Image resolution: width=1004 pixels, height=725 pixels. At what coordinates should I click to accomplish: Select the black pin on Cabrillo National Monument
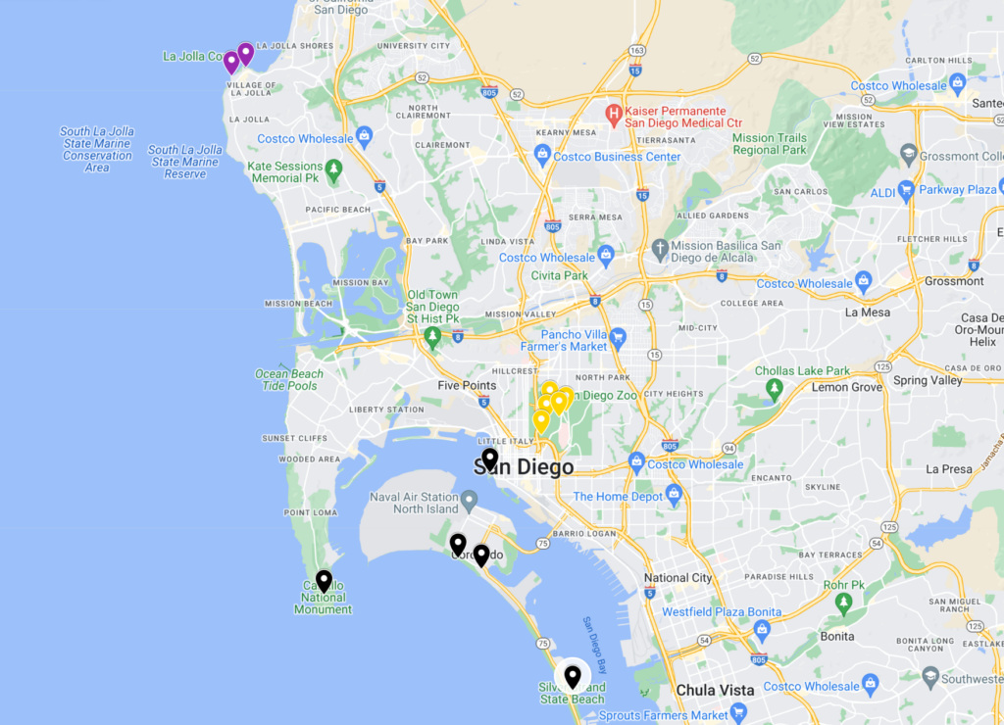[x=324, y=580]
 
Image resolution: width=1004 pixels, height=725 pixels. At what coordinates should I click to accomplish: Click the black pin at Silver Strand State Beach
[x=573, y=676]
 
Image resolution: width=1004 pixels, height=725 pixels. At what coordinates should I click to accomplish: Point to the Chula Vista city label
[x=715, y=690]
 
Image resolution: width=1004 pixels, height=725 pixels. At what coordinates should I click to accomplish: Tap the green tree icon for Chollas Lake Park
[x=775, y=390]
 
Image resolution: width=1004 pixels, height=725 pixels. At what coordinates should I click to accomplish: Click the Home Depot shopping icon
[x=674, y=495]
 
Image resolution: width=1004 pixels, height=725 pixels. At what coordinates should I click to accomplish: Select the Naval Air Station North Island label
[x=413, y=503]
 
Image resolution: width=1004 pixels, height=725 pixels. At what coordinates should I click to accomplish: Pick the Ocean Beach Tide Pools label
[x=288, y=379]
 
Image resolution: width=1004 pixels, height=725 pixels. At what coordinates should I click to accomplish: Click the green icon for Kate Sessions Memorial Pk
[x=334, y=171]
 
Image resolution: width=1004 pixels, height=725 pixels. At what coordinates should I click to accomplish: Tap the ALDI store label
[x=882, y=193]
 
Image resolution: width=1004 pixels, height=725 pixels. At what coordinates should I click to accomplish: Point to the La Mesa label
[x=867, y=313]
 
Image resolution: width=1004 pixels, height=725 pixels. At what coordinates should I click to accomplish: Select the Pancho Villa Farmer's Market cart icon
[x=617, y=339]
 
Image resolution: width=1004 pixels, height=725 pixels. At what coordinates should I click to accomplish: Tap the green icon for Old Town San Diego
[x=432, y=337]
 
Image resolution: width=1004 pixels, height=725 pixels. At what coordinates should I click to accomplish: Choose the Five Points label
[x=467, y=385]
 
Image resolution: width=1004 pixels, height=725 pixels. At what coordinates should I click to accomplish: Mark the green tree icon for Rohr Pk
[x=843, y=604]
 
